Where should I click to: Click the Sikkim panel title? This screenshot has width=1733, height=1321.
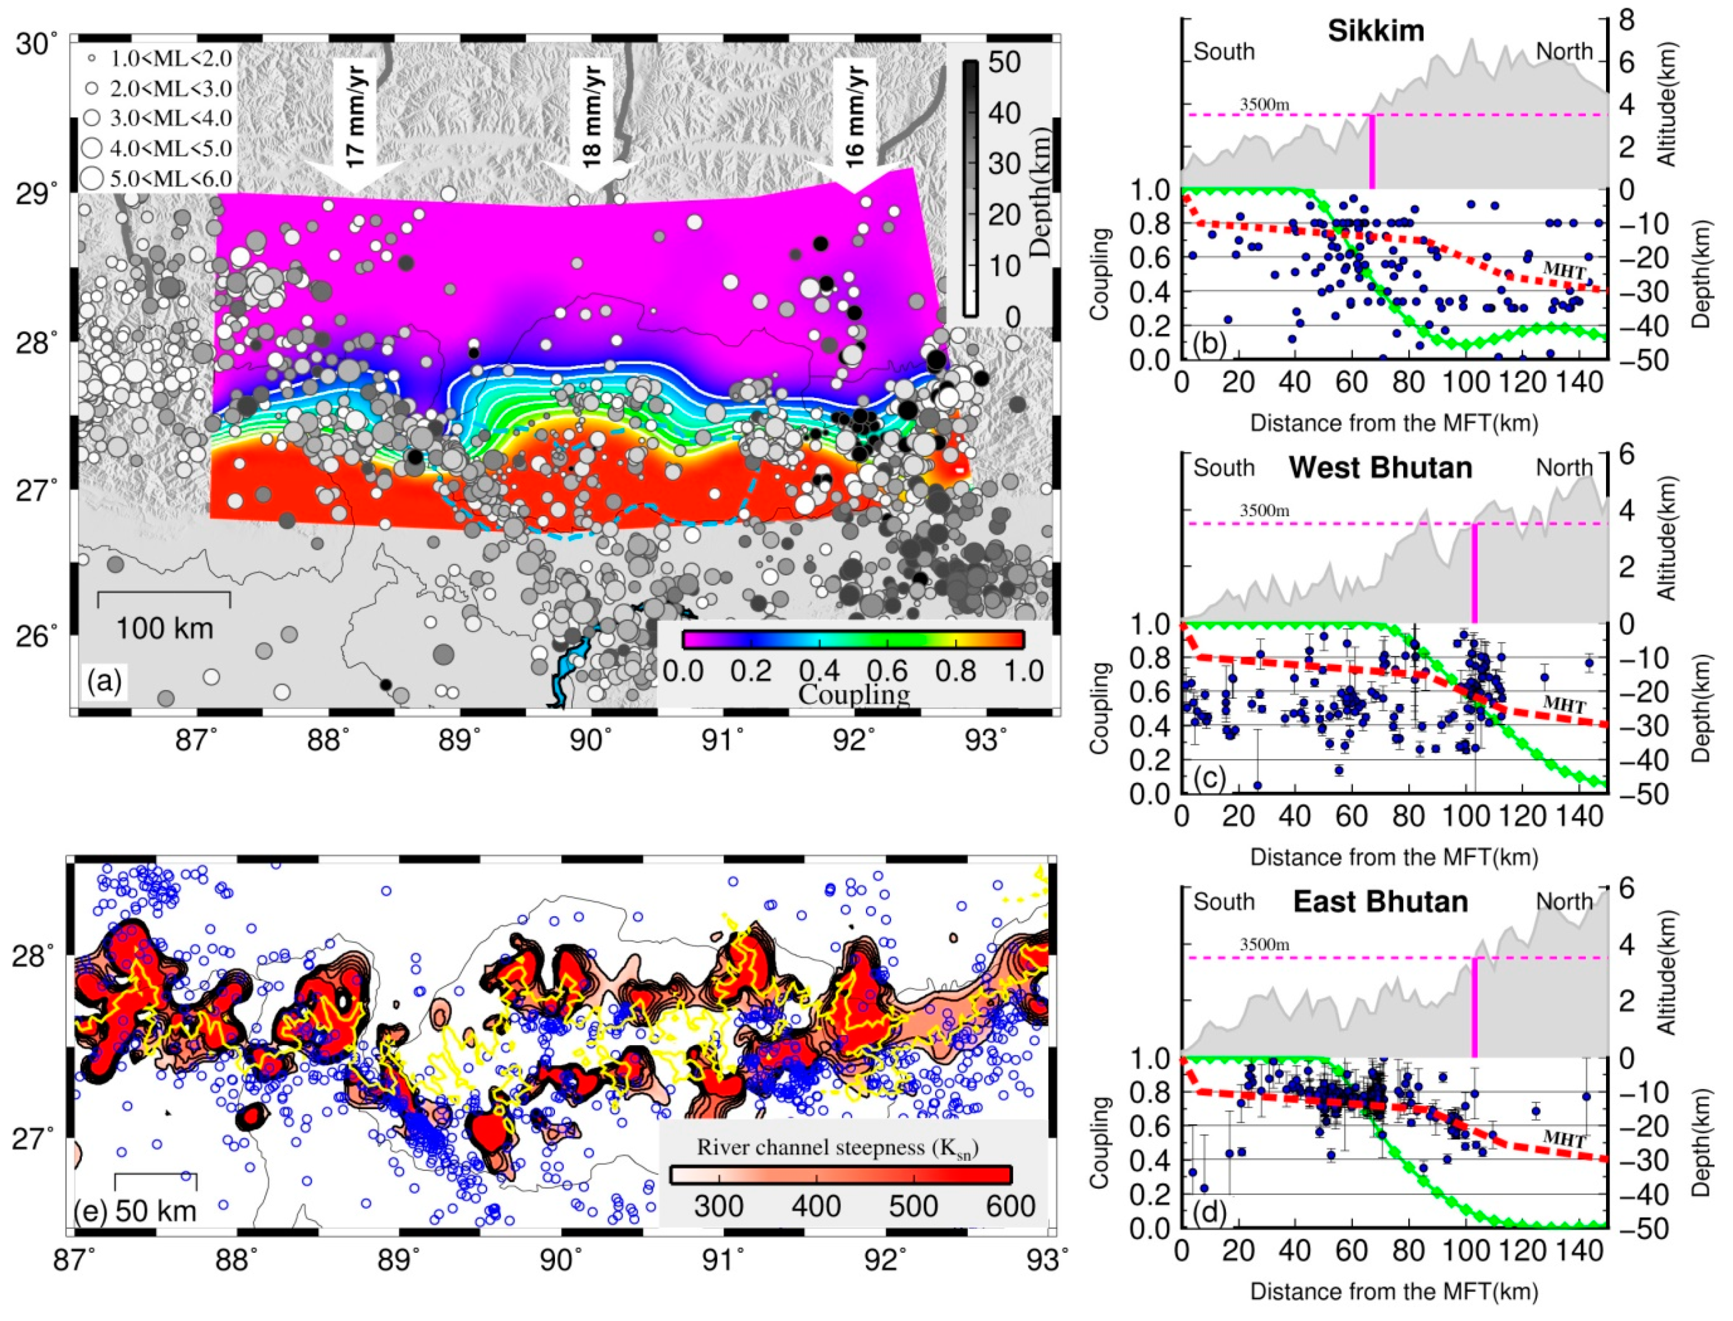pos(1376,31)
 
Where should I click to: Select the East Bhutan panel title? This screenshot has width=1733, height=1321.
pos(1380,901)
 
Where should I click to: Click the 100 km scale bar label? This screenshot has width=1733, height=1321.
pos(164,628)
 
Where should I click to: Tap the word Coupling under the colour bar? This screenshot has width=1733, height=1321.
pos(854,694)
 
